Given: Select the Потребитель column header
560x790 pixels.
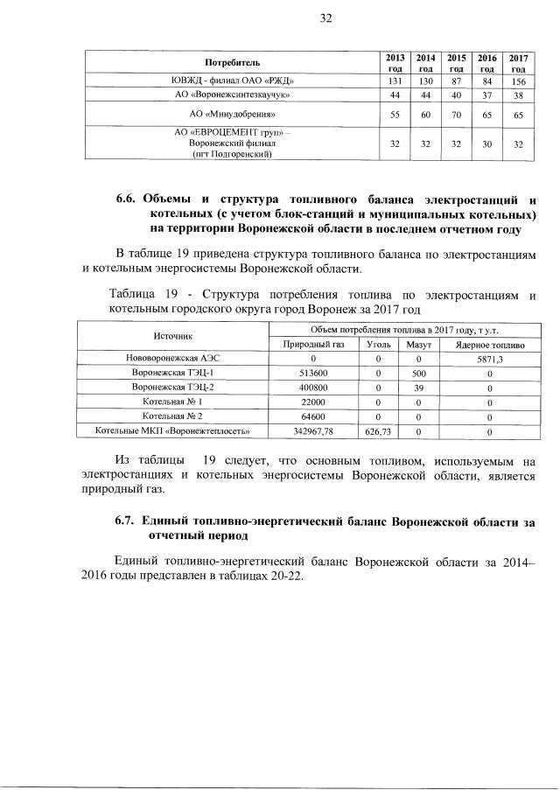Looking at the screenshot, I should pos(233,63).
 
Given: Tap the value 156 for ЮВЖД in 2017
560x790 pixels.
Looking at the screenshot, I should pos(518,80).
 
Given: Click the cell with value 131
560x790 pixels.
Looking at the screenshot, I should pos(395,80).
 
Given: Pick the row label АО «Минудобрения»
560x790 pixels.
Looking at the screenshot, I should pos(233,115).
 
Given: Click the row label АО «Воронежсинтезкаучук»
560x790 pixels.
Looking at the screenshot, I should pos(233,94).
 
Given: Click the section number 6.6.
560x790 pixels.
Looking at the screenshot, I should pos(129,199).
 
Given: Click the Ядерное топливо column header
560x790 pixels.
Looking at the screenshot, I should pos(489,346).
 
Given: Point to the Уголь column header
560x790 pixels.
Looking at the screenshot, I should pos(379,346).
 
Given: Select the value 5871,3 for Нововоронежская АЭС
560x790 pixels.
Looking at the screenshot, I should pos(489,359).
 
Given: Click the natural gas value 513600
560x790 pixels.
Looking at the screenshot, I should pos(312,373).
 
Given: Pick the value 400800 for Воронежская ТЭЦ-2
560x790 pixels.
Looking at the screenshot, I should pos(312,387).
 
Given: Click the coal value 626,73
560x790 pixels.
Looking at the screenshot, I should pos(379,431).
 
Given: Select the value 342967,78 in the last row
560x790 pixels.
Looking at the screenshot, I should pos(312,431).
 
